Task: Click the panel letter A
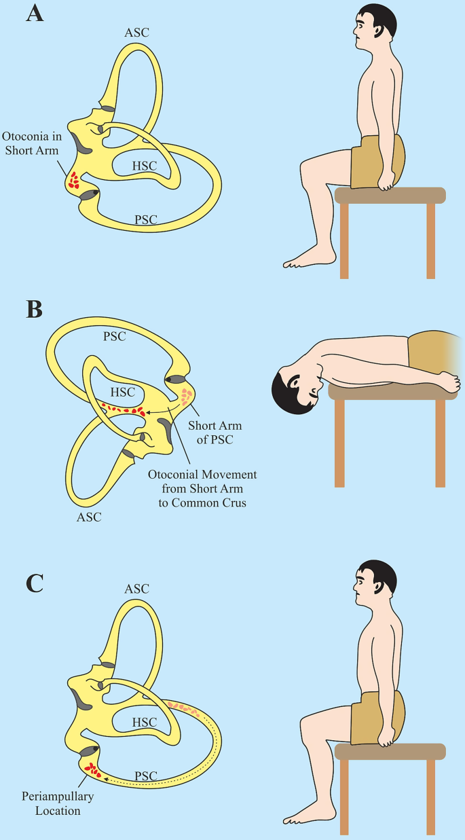pyautogui.click(x=35, y=13)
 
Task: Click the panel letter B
pyautogui.click(x=34, y=309)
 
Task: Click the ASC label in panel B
pyautogui.click(x=89, y=517)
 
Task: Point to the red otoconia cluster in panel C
pyautogui.click(x=90, y=771)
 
